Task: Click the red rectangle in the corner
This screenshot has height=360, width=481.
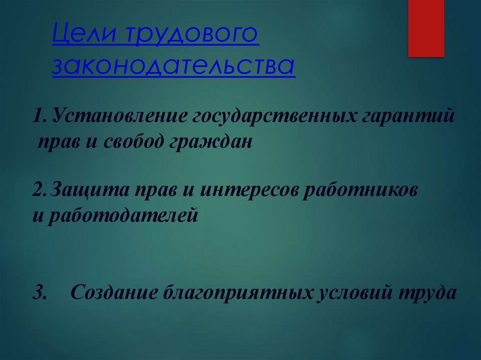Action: (x=426, y=28)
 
